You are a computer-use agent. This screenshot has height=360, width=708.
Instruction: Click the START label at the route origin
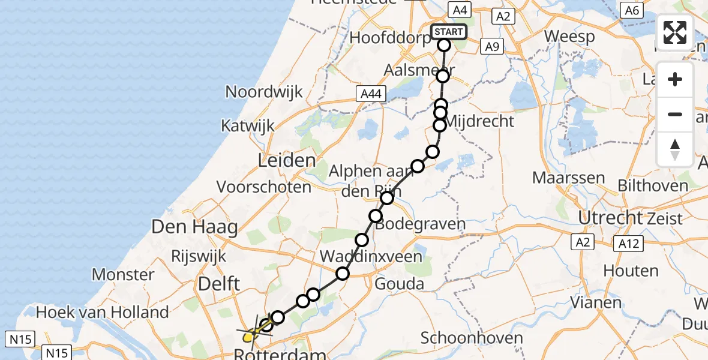click(448, 32)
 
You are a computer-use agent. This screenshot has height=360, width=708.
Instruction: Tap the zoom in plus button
click(675, 79)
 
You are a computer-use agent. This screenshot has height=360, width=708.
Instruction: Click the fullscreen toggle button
click(675, 32)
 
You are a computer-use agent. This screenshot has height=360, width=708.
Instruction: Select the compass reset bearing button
click(675, 149)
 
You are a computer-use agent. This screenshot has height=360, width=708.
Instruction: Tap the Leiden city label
click(287, 160)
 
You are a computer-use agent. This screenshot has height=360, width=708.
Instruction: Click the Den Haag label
click(194, 227)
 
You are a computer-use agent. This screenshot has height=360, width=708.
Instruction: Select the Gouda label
click(399, 283)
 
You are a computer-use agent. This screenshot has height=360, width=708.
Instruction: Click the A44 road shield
click(371, 94)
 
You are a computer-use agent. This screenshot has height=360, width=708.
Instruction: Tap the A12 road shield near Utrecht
click(628, 242)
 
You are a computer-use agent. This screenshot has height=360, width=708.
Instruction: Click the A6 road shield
click(631, 10)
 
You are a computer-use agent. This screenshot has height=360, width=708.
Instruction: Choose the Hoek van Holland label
click(103, 312)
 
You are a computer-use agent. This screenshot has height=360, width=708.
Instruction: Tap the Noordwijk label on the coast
click(264, 92)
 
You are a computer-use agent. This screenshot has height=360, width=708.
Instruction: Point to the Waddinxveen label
click(371, 256)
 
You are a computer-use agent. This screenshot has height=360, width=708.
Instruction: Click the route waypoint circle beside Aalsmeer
click(443, 76)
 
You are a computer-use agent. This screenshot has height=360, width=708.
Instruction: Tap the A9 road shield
click(491, 46)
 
